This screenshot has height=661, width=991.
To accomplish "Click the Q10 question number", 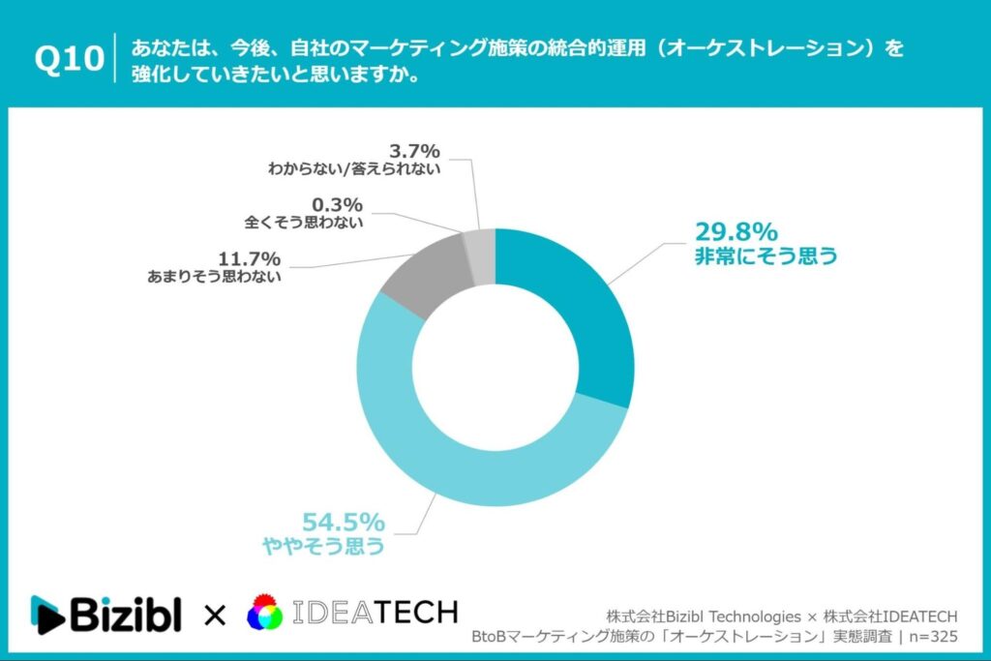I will [x=69, y=60].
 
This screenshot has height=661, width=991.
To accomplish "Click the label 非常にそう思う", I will [x=765, y=257].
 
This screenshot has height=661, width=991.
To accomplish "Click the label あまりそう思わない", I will [x=214, y=277].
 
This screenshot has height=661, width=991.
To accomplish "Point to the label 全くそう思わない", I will [x=304, y=223].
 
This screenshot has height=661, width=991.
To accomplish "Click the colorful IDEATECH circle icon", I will [x=265, y=614].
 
